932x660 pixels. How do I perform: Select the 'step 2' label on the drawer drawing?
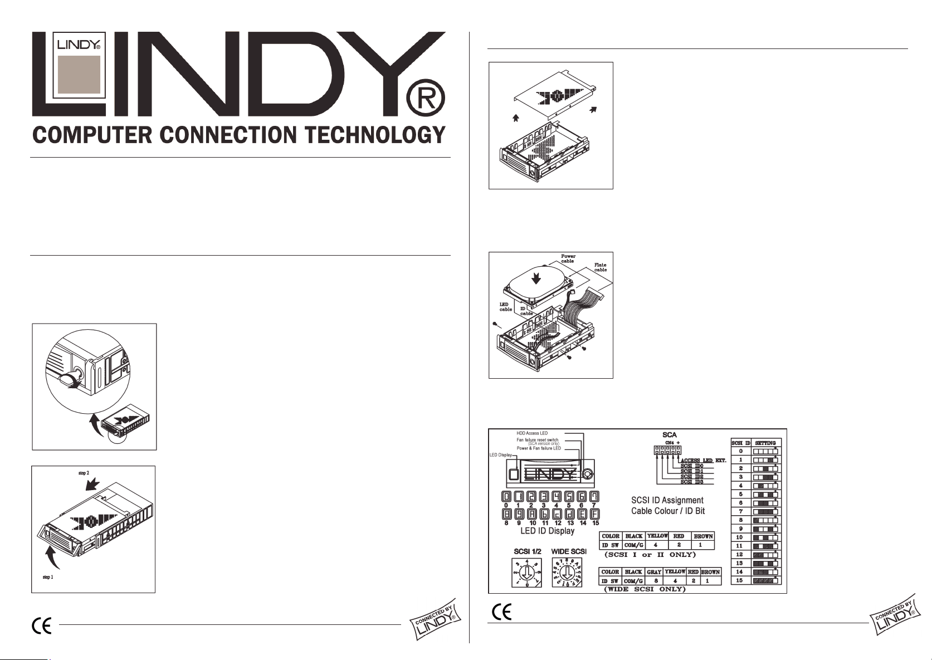pyautogui.click(x=84, y=472)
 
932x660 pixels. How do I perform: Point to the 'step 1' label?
pyautogui.click(x=48, y=577)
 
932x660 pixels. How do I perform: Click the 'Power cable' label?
pyautogui.click(x=568, y=258)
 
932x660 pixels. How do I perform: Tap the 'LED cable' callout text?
pyautogui.click(x=505, y=307)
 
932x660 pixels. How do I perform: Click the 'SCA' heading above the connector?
pyautogui.click(x=670, y=434)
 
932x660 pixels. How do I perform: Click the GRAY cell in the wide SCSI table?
pyautogui.click(x=655, y=572)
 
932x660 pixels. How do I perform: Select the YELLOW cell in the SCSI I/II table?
pyautogui.click(x=657, y=536)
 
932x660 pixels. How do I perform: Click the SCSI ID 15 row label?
pyautogui.click(x=739, y=580)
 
